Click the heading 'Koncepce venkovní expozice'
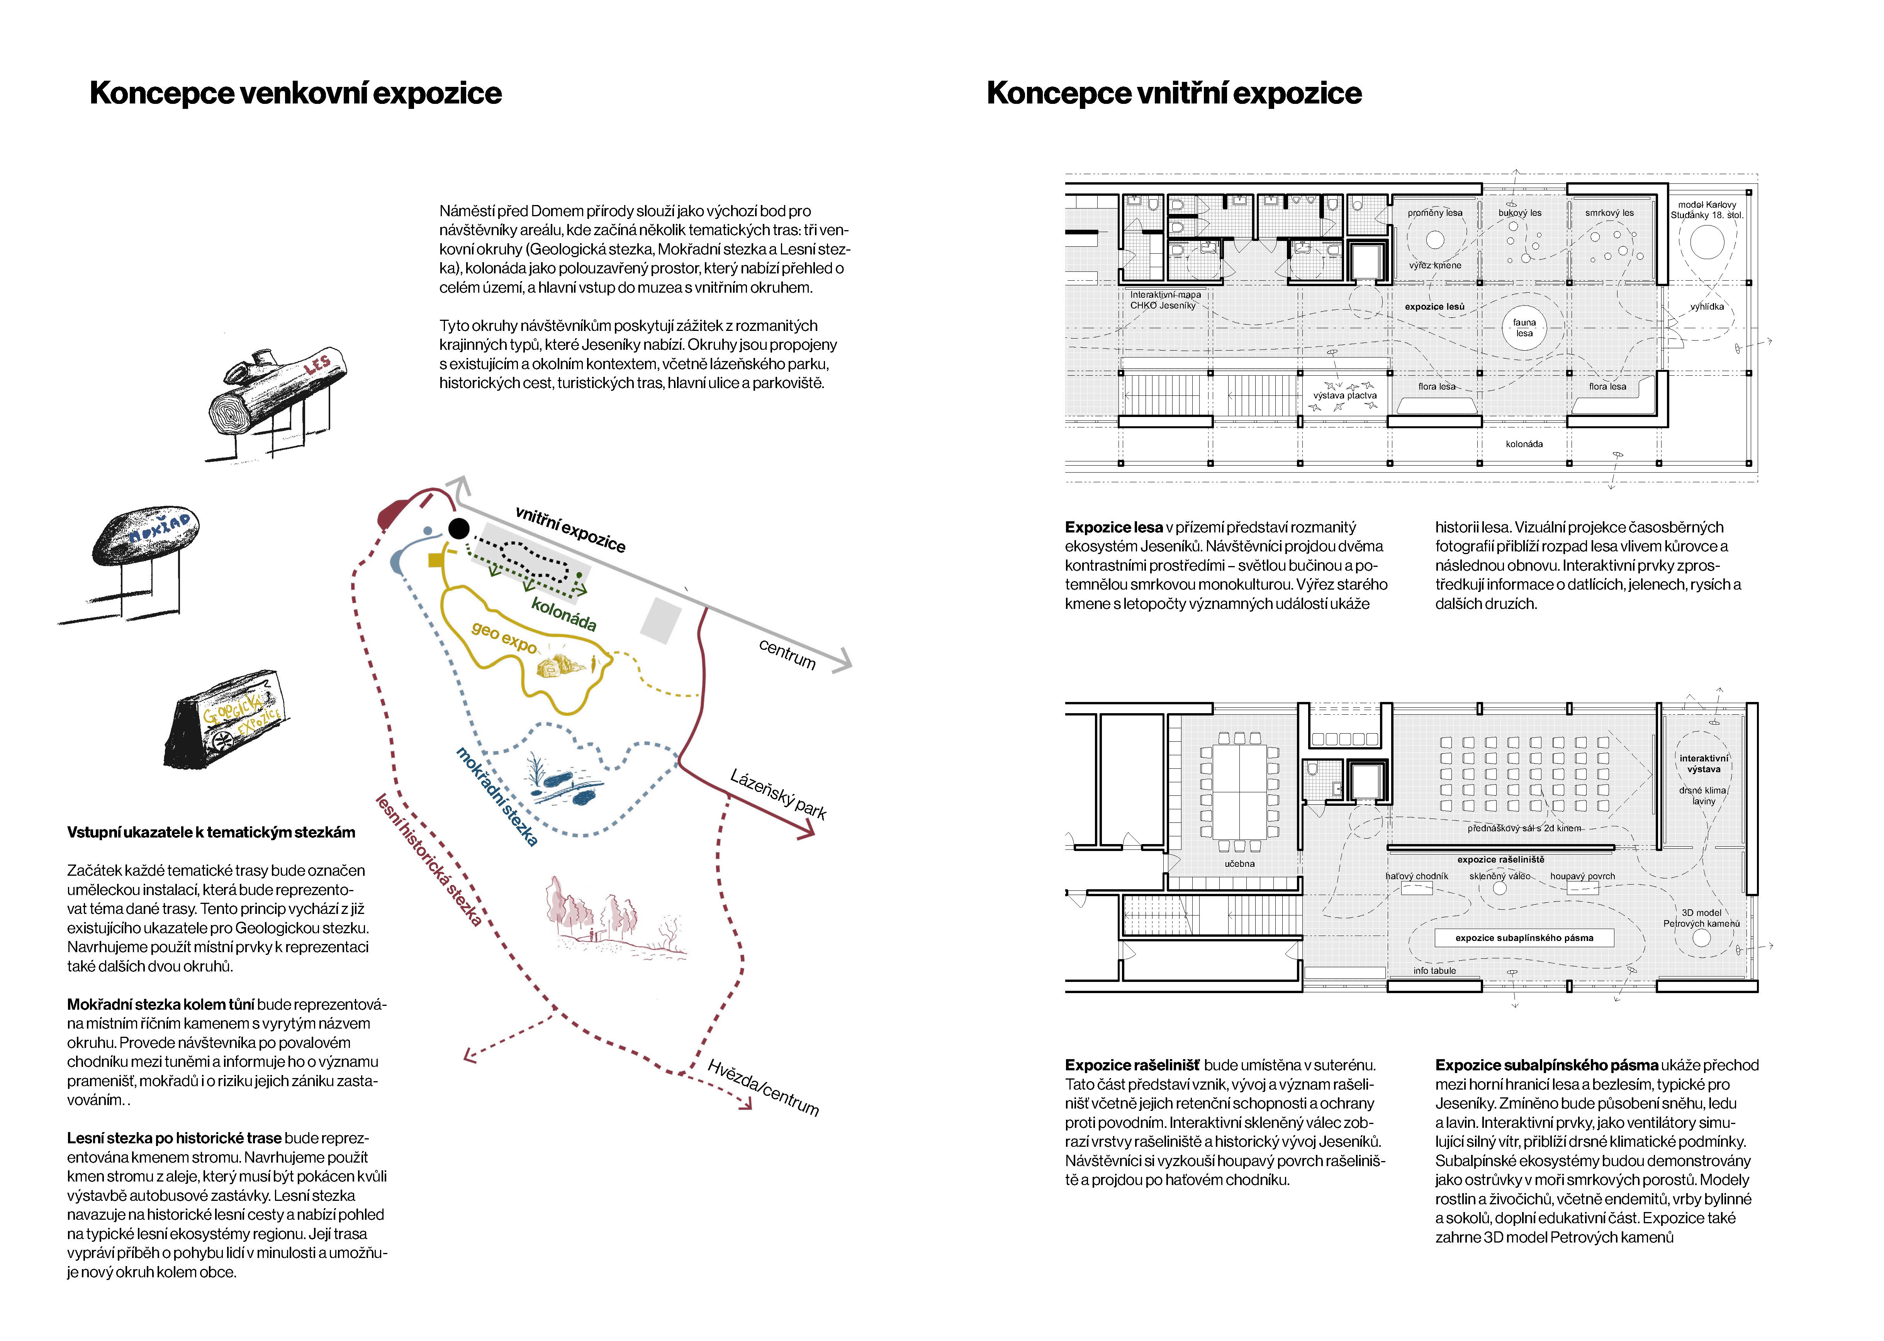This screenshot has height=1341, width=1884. [x=295, y=93]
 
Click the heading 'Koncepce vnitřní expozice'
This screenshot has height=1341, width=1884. [x=1174, y=93]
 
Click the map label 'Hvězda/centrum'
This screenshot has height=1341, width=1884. [x=763, y=1087]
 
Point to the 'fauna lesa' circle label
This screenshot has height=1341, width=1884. [x=1524, y=328]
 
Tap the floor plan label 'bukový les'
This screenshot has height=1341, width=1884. [x=1520, y=213]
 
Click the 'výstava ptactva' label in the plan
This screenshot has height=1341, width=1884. [x=1345, y=395]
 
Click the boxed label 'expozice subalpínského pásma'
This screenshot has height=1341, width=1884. [x=1524, y=938]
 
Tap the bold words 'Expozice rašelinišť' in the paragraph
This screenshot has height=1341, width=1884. [x=1132, y=1065]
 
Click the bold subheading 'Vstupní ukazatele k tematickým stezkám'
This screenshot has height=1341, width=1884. [x=211, y=832]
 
